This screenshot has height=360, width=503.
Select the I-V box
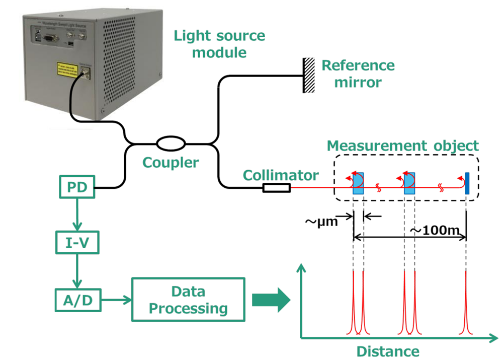[x=77, y=244]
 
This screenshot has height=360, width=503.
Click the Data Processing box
[x=188, y=300]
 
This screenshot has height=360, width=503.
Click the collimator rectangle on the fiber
[x=276, y=188]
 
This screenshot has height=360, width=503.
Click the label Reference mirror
[x=358, y=74]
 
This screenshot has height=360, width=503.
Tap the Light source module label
[x=219, y=44]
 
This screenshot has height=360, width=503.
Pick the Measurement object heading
[x=402, y=146]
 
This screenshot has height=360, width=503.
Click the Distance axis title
[x=388, y=351]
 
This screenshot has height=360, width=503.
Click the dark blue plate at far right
[x=467, y=184]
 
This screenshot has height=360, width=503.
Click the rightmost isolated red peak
[x=466, y=307]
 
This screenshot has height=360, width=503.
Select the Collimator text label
[x=281, y=175]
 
